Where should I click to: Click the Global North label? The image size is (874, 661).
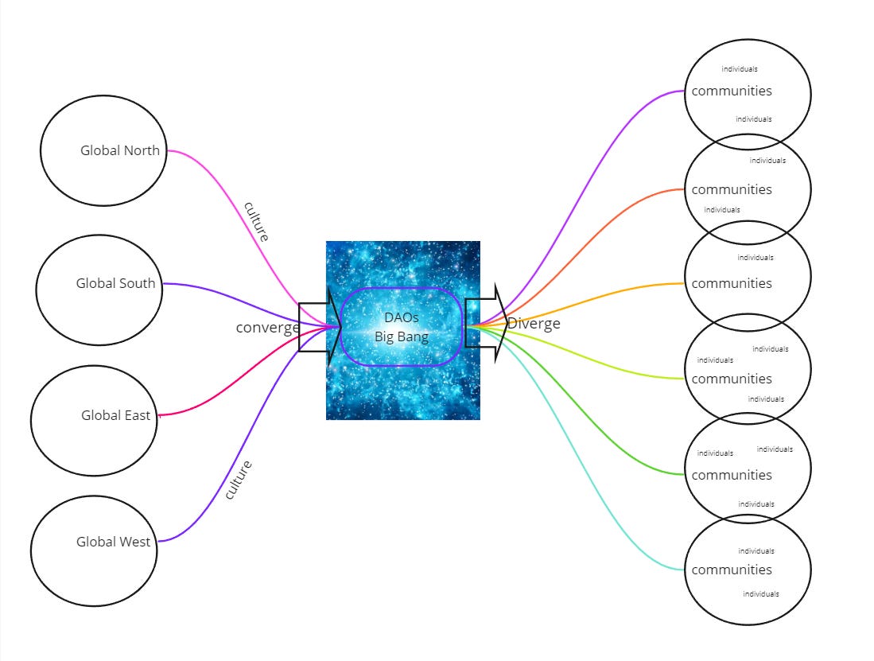(119, 150)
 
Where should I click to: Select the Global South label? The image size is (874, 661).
(115, 283)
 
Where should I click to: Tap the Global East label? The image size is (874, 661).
(115, 415)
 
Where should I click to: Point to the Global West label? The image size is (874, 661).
(113, 542)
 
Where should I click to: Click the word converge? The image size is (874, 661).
(267, 328)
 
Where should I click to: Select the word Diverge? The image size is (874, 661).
(534, 324)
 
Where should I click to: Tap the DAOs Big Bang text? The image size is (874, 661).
(402, 327)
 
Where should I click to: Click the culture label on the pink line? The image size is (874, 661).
(256, 222)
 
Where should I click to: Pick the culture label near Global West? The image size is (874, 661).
(238, 480)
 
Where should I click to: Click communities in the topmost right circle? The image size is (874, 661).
(732, 91)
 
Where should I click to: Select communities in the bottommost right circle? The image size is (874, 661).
(732, 570)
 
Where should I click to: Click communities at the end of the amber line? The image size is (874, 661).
(732, 283)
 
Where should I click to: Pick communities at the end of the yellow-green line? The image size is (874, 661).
(732, 379)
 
